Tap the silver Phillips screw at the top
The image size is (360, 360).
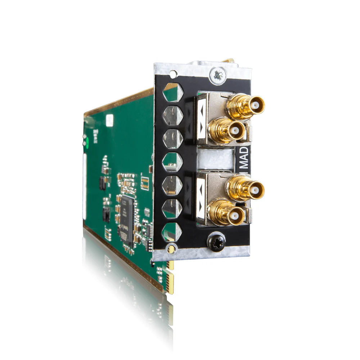(x=218, y=76)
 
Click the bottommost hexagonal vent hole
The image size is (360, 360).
(x=172, y=231)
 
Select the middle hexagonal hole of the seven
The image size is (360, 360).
(x=172, y=162)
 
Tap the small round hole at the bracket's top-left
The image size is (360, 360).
(x=173, y=74)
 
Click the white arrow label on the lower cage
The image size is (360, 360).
(x=201, y=198)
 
